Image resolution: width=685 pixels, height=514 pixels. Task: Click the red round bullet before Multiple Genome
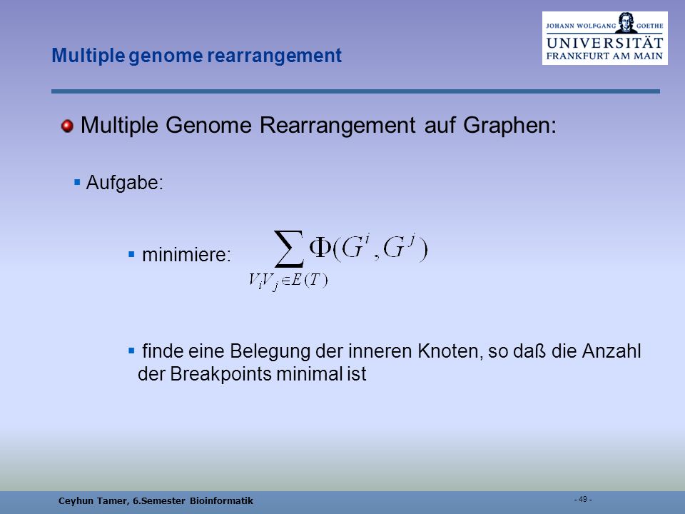click(67, 126)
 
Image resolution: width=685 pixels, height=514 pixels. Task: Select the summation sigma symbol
click(289, 248)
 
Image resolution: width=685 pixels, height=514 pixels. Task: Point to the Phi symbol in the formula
click(320, 248)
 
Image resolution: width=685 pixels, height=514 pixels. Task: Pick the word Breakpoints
click(220, 373)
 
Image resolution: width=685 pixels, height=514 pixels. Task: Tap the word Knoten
click(448, 351)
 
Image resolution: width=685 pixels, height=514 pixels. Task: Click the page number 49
click(583, 499)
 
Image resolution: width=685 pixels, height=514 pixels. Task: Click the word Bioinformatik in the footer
click(221, 501)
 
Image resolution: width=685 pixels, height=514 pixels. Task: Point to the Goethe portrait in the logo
click(626, 23)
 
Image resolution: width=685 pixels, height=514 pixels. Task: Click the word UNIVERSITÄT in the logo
click(604, 44)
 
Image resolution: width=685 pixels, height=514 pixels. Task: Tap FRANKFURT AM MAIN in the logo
click(604, 56)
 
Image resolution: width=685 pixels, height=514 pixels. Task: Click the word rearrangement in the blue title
click(274, 56)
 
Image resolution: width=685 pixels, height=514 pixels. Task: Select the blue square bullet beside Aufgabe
click(77, 182)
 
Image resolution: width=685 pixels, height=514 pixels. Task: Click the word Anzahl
click(612, 351)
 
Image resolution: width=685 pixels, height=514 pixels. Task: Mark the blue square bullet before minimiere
click(131, 254)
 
